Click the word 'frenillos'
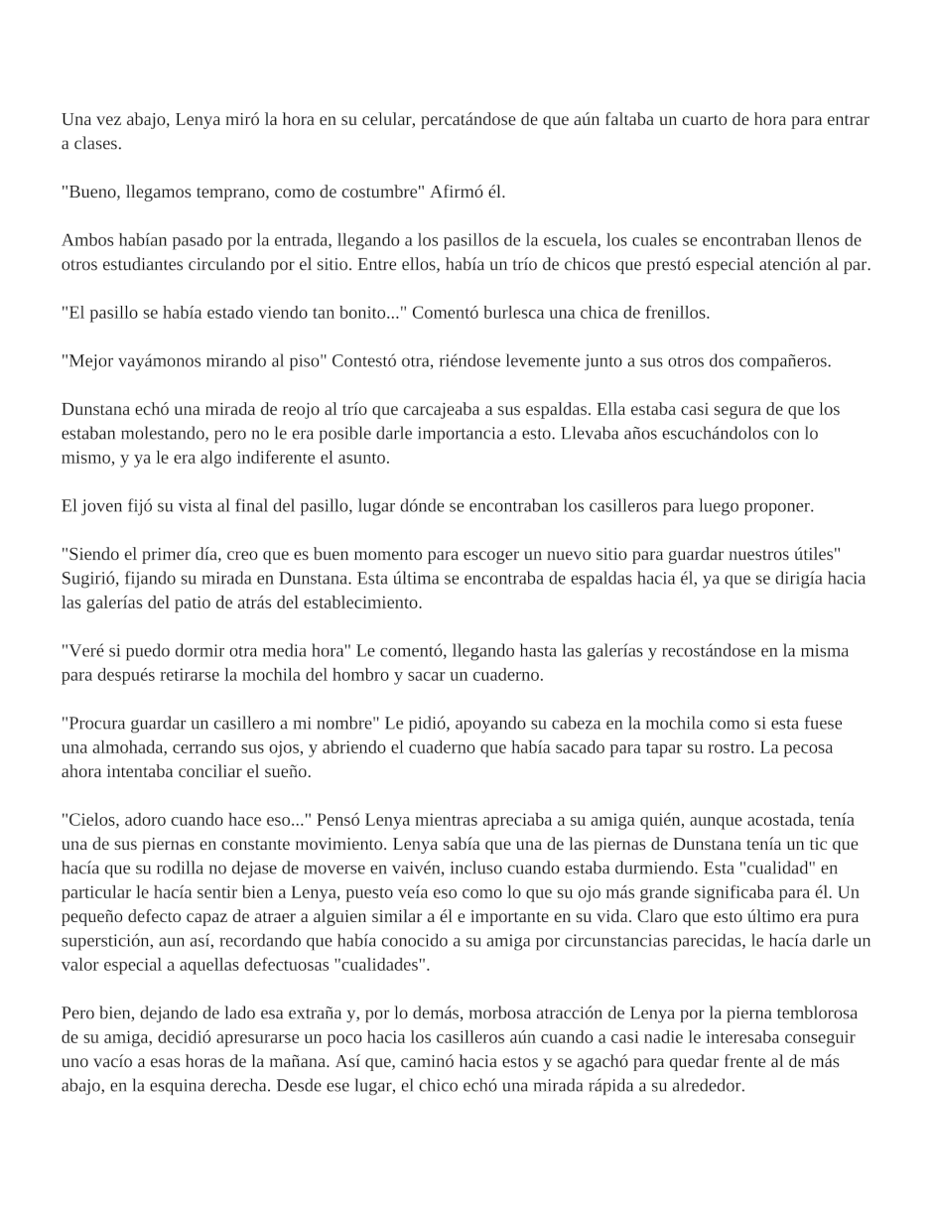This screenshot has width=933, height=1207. (674, 313)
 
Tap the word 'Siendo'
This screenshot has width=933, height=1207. (90, 554)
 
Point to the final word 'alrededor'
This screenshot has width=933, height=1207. (707, 1086)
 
